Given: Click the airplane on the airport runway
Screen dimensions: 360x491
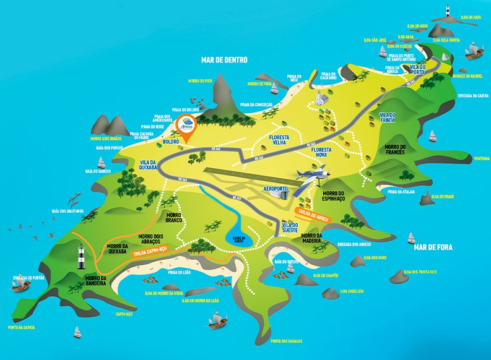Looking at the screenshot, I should pyautogui.click(x=310, y=176).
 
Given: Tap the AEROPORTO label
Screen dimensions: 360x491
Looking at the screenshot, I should pyautogui.click(x=276, y=187).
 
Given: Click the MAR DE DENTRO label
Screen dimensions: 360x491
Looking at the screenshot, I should pyautogui.click(x=224, y=60).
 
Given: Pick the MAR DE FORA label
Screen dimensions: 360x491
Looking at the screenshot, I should pyautogui.click(x=433, y=247).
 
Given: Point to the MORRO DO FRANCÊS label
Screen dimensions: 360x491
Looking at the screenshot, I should pyautogui.click(x=394, y=149).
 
